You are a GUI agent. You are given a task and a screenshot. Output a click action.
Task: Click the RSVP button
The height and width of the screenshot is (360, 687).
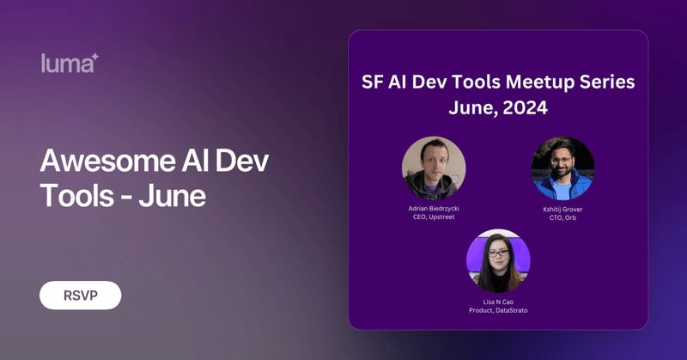80,296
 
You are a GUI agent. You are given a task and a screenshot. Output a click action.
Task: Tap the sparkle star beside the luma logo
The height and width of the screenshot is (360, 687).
94,57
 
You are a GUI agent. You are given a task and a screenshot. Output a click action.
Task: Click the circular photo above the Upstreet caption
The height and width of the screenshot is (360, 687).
434,168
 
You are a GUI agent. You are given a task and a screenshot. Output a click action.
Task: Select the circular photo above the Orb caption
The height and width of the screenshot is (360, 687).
562,168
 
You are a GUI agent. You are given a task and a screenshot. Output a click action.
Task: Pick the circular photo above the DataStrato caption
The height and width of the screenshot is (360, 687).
498,261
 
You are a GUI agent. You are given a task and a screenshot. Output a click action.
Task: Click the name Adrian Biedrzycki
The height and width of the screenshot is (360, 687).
434,209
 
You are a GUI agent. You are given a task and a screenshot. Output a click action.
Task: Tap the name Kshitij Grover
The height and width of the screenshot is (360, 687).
562,209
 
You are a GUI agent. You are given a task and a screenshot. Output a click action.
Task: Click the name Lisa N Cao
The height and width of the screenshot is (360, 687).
498,301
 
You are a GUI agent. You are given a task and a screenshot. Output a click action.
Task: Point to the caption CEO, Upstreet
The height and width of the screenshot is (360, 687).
434,217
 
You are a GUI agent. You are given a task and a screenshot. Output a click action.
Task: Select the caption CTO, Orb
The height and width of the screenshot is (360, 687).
562,217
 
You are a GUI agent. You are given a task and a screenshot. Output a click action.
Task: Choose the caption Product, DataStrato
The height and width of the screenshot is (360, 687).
498,310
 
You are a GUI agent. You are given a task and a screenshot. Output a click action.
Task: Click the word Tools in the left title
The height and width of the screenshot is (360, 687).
77,196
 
